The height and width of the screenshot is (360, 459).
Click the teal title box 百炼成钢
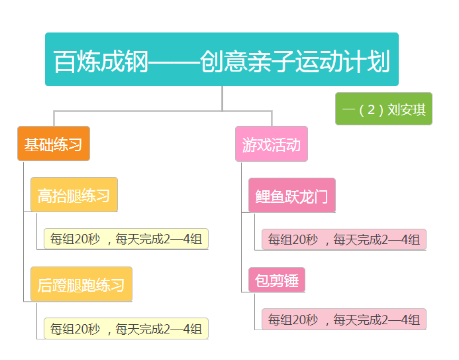coord(222,59)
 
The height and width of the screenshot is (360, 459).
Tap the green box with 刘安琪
coord(383,109)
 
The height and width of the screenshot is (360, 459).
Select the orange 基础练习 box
coord(54,143)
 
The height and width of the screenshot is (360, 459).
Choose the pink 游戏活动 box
coord(272,144)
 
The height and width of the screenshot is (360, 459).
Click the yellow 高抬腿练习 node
coord(74,194)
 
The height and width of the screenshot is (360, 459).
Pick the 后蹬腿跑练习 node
coord(81,284)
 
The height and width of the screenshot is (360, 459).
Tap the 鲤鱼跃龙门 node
coord(292,195)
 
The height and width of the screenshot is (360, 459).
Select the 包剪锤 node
coord(277,280)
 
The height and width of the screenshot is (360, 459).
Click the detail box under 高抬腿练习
coord(126,239)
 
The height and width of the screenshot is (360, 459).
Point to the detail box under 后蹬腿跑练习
coord(126,328)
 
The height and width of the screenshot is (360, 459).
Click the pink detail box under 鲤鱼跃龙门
coord(344,239)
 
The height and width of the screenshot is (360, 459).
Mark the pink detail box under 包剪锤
coord(344,319)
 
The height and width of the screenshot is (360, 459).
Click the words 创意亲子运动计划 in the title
coord(295,61)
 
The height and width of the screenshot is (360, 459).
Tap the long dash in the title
coord(174,62)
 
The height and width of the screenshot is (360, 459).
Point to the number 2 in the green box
coord(371,109)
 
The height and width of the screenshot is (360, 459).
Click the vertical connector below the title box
coord(222,98)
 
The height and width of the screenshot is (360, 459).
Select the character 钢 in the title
coord(136,61)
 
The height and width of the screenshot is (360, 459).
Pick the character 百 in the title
coord(65,61)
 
